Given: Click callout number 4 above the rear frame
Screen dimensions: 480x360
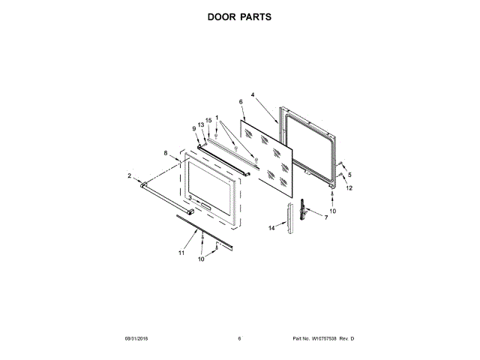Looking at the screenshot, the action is (x=253, y=95).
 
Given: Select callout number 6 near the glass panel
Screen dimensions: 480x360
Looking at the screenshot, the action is (x=241, y=102).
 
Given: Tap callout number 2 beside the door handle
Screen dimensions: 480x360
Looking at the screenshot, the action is (x=129, y=176).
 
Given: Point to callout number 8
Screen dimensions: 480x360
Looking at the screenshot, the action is (x=166, y=153).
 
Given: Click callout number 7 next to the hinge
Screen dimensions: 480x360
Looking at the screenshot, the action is (x=326, y=217).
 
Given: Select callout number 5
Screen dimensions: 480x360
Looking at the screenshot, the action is (x=349, y=175).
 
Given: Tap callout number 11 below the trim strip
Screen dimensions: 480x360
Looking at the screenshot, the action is (x=181, y=253).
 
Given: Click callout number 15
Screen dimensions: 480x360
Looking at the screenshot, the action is (x=208, y=120).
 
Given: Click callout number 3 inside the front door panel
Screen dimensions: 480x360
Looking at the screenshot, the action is (x=190, y=198).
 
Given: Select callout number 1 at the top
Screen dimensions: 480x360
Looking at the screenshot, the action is (x=217, y=117).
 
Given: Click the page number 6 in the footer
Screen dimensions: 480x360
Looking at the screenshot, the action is (x=239, y=340).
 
